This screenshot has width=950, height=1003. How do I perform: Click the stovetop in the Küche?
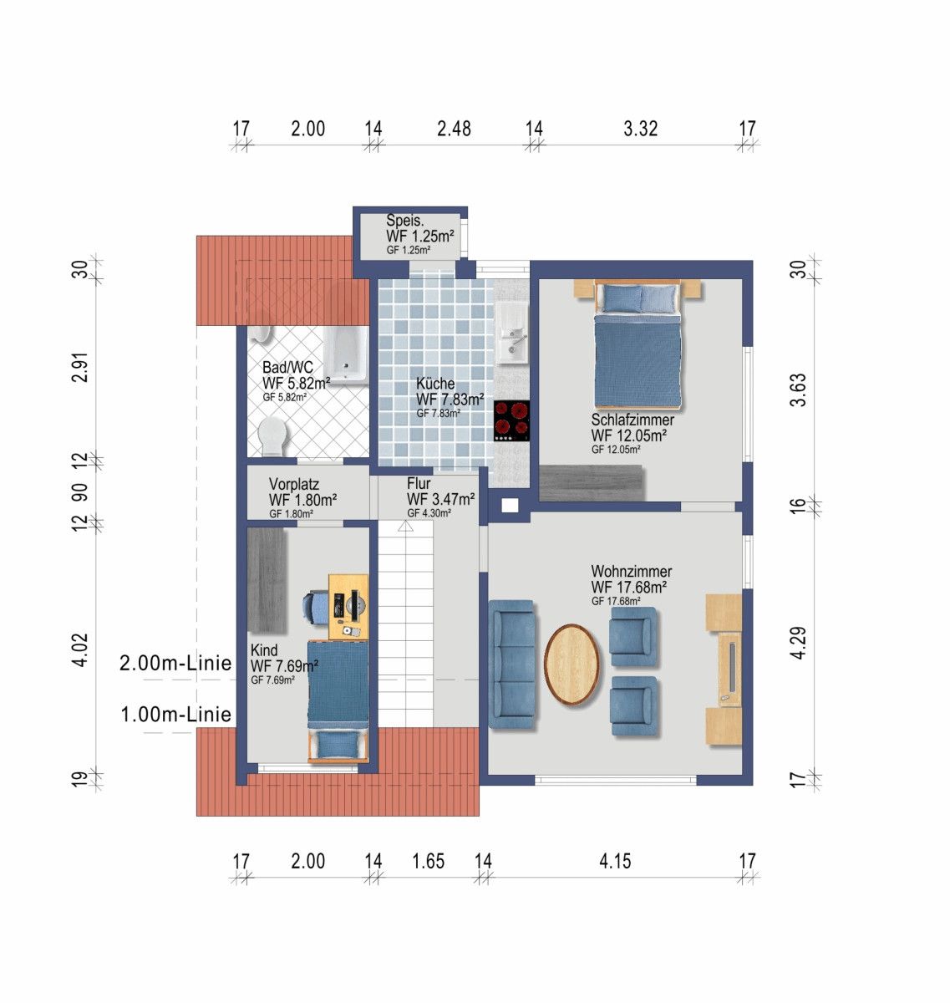pyautogui.click(x=511, y=420)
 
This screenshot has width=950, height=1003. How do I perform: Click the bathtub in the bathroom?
pyautogui.click(x=346, y=355)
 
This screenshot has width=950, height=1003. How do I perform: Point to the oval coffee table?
pyautogui.click(x=572, y=664)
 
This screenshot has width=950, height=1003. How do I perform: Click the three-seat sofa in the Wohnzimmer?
pyautogui.click(x=511, y=664)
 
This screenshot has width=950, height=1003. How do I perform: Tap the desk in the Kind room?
pyautogui.click(x=348, y=607)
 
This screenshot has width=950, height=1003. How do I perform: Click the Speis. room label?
pyautogui.click(x=405, y=221)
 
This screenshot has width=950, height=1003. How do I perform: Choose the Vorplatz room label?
pyautogui.click(x=294, y=485)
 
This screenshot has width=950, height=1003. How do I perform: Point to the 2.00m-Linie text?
pyautogui.click(x=175, y=664)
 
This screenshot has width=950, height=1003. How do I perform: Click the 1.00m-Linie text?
pyautogui.click(x=175, y=715)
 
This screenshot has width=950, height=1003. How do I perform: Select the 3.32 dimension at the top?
pyautogui.click(x=641, y=129)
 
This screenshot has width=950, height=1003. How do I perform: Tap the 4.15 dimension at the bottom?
pyautogui.click(x=615, y=861)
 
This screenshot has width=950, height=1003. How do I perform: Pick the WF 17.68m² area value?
pyautogui.click(x=629, y=588)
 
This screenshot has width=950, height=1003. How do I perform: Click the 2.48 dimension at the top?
pyautogui.click(x=454, y=129)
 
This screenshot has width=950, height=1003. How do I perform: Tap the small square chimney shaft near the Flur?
pyautogui.click(x=509, y=505)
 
